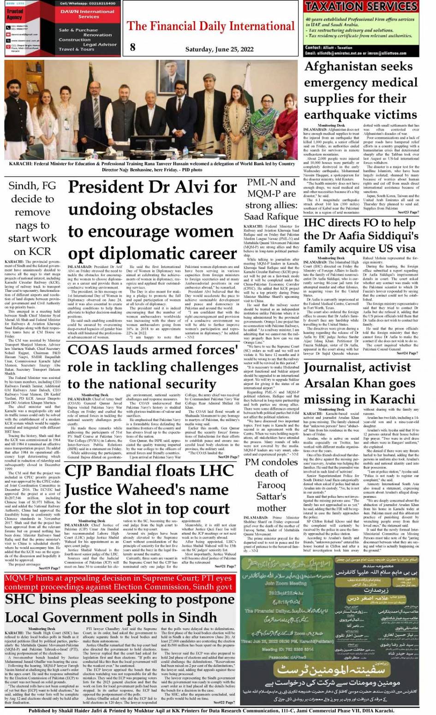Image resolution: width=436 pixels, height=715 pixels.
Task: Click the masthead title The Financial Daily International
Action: [x=210, y=26]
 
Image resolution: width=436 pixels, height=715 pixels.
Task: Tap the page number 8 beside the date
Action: [x=133, y=47]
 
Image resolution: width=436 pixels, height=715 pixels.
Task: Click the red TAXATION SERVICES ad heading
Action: [x=361, y=6]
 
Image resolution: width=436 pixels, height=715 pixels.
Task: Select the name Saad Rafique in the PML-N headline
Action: [x=271, y=217]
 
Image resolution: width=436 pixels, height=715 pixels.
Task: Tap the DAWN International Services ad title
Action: [x=88, y=13]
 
